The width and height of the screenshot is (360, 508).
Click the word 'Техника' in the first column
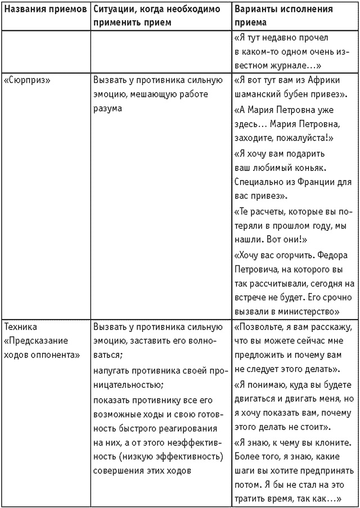(22, 326)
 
